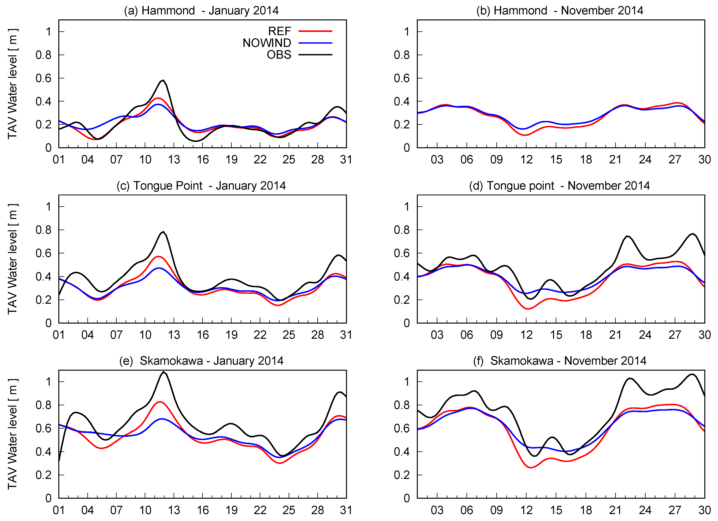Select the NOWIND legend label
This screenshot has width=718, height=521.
(267, 43)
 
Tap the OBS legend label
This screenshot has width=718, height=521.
(279, 55)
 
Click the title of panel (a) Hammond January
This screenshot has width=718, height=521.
(201, 10)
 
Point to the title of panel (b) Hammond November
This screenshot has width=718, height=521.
(560, 10)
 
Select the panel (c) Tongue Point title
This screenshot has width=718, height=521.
(201, 186)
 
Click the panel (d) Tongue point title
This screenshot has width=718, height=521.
(559, 186)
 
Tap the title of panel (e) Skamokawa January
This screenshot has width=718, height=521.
(201, 361)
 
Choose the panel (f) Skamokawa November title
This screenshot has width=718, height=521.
(560, 361)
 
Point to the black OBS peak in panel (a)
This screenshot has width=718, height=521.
(163, 80)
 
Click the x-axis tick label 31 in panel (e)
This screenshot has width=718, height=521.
(346, 510)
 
